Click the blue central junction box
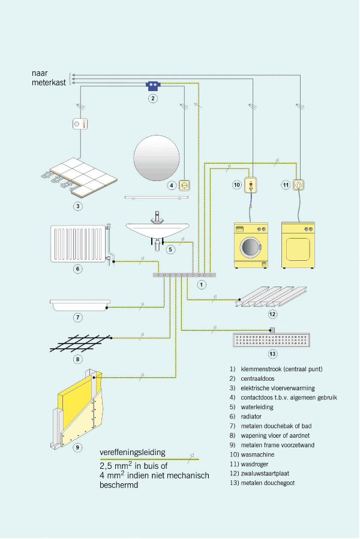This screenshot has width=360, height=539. pyautogui.click(x=153, y=85)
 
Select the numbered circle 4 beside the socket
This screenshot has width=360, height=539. pyautogui.click(x=172, y=185)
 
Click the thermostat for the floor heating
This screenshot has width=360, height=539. pyautogui.click(x=80, y=124)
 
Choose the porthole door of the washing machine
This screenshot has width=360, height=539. pyautogui.click(x=250, y=245)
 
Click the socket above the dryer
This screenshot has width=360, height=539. pyautogui.click(x=298, y=185)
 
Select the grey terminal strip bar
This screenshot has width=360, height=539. pyautogui.click(x=185, y=275)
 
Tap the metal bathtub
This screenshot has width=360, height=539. pyautogui.click(x=79, y=305)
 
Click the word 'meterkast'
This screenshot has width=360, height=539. pyautogui.click(x=49, y=83)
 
